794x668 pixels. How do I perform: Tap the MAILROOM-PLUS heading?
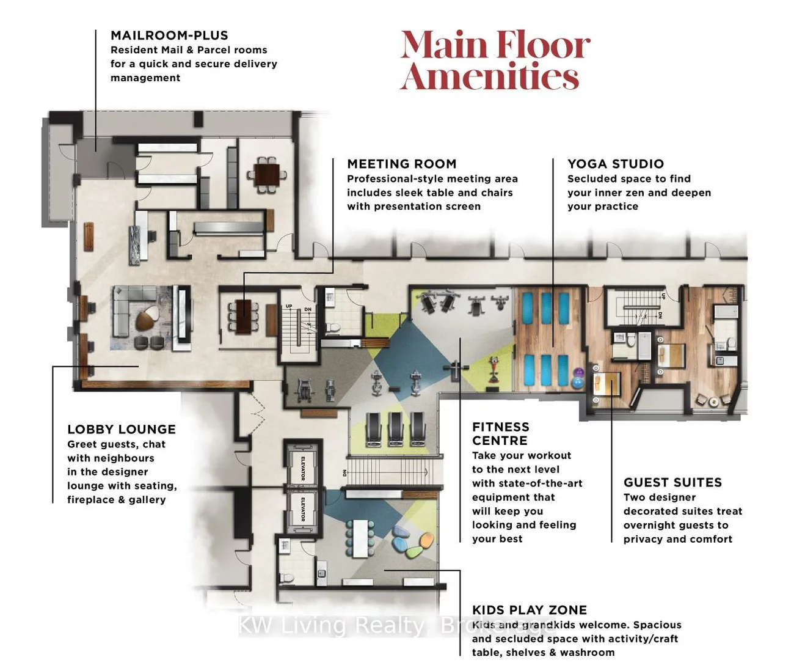pos(169,35)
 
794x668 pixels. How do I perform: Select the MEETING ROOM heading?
pos(401,164)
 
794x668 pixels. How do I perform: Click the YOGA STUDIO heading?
pos(615,164)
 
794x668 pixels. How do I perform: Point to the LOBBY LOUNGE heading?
pos(122,430)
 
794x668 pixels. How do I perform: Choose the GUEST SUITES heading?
pos(672,483)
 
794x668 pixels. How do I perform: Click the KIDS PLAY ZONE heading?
pos(529,610)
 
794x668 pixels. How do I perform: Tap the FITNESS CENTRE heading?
pos(500,433)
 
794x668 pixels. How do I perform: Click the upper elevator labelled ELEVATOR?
pos(303,467)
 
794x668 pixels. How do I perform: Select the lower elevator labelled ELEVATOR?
pos(303,509)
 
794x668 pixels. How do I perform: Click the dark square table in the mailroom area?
pos(266,175)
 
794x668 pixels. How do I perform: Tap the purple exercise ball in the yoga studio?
pos(577,372)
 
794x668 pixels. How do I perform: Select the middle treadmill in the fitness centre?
pos(395,428)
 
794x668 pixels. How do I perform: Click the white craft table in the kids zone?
pos(361,538)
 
